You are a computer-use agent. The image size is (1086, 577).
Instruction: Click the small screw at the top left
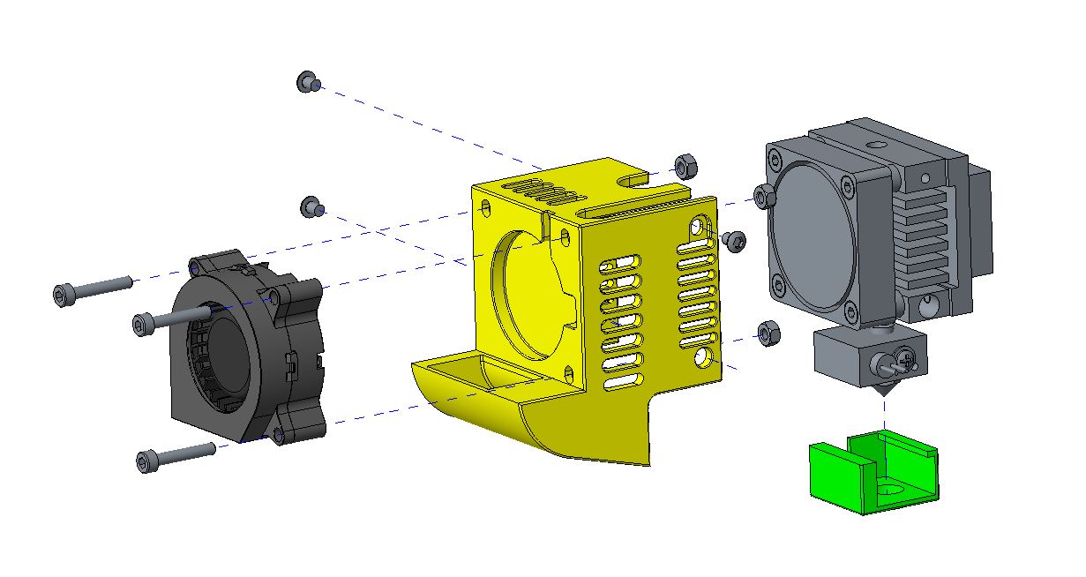pos(306,82)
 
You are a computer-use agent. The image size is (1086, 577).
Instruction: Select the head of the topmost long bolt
pos(64,294)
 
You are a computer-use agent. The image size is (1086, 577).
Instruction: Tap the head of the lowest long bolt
pos(147,461)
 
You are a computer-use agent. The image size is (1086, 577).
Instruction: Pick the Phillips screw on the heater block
pos(907,359)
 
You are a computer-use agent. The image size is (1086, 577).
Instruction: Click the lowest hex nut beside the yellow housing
pos(768,333)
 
